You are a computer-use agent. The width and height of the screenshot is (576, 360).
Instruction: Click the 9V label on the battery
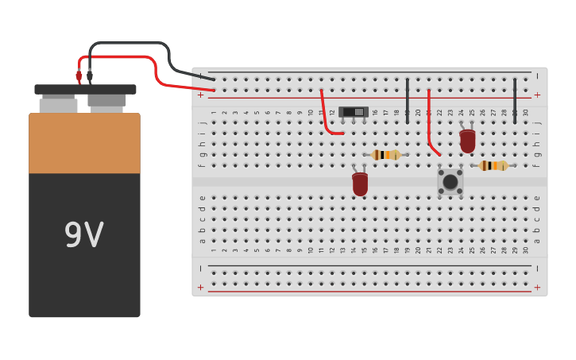[x=83, y=235]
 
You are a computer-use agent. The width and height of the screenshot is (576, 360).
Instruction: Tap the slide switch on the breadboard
[x=354, y=112]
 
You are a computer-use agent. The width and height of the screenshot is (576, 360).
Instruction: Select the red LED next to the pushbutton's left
[x=360, y=184]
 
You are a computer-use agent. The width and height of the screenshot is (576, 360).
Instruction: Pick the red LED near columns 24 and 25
[x=467, y=141]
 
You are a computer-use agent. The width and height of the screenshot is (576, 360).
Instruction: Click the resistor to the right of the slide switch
[x=386, y=155]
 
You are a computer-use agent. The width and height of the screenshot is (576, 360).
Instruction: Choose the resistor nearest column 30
[x=493, y=165]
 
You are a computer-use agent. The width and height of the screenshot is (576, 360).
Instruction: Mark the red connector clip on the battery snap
[x=79, y=76]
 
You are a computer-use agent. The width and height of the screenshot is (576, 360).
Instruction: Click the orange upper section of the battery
[x=84, y=143]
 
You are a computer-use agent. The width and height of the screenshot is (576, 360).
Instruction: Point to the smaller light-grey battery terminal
[x=58, y=104]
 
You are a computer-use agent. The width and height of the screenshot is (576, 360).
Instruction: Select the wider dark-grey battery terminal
[x=106, y=101]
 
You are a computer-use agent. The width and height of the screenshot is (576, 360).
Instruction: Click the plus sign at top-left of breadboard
[x=200, y=95]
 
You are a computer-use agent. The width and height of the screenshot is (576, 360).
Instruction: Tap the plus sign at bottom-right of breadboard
[x=537, y=287]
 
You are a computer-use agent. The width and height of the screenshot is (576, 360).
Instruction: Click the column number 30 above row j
[x=525, y=113]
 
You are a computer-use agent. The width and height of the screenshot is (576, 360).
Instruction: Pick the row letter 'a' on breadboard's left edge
[x=203, y=241]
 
